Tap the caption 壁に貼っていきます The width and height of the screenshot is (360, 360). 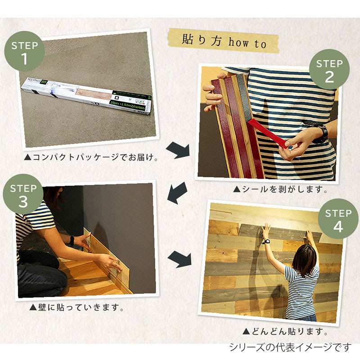point(76,308)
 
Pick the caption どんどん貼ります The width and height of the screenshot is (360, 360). point(284,332)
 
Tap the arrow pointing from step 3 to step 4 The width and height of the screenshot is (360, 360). point(180,259)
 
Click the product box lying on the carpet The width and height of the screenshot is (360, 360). point(90,97)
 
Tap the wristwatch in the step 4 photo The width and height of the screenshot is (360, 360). point(266,241)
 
